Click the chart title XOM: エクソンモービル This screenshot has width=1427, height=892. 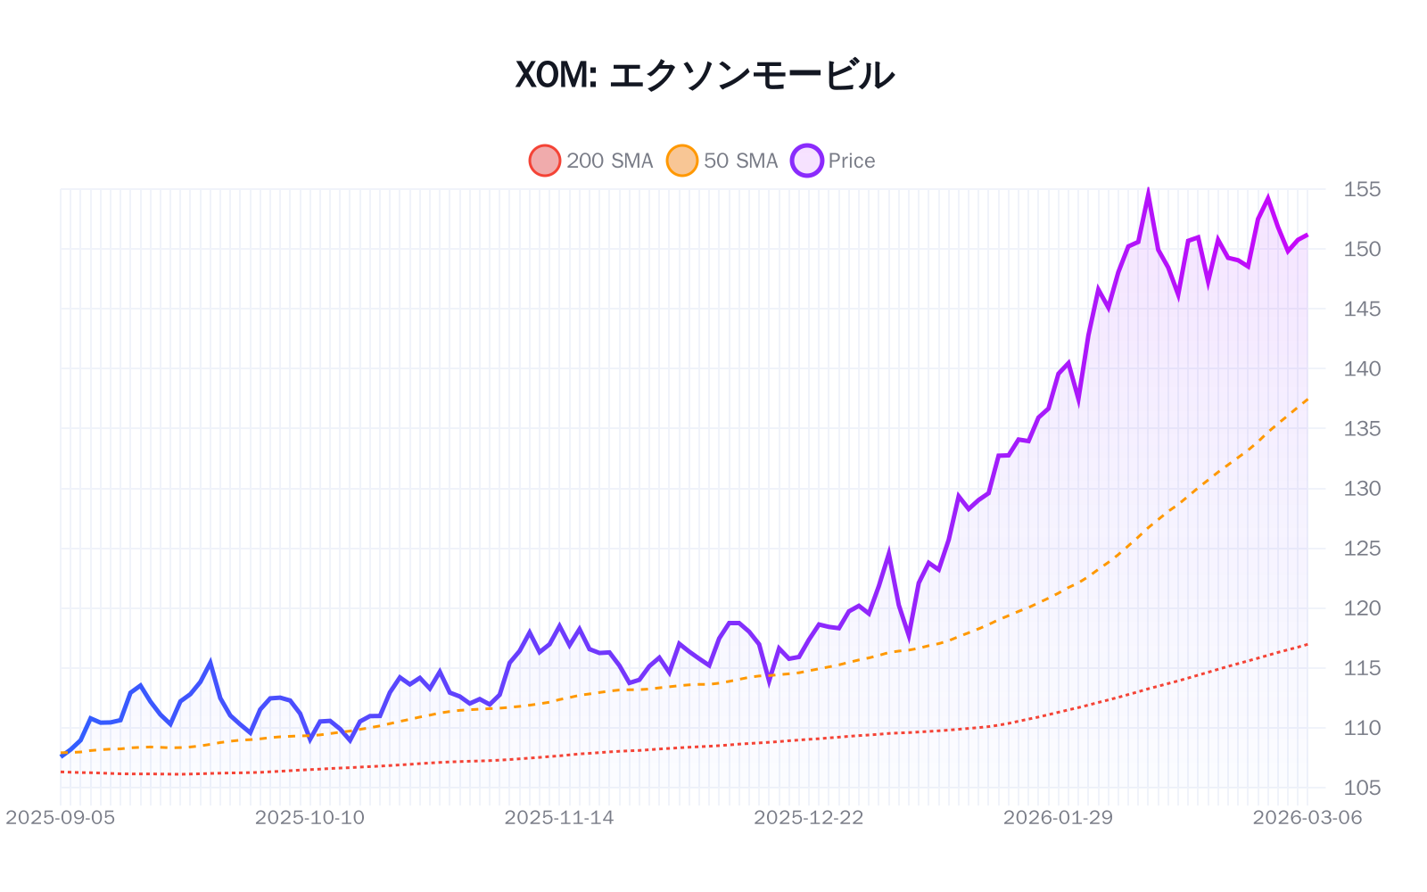[x=705, y=75]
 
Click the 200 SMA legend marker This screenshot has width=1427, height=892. [x=545, y=161]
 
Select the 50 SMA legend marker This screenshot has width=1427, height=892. [x=682, y=161]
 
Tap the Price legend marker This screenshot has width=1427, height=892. [x=807, y=161]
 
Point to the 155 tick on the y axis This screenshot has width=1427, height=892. [x=1362, y=189]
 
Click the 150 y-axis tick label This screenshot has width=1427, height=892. [x=1362, y=249]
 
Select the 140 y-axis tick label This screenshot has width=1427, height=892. [x=1362, y=368]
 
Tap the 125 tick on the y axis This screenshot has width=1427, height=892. [x=1362, y=549]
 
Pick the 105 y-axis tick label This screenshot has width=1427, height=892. [x=1362, y=788]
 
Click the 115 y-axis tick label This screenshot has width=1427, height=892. [x=1362, y=668]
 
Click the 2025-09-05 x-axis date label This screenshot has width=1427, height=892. [x=61, y=818]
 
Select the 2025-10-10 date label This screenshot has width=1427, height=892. [x=309, y=818]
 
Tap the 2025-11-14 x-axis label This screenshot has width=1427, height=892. [x=559, y=818]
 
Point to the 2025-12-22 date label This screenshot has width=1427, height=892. [x=809, y=818]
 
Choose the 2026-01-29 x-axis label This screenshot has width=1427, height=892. [x=1058, y=818]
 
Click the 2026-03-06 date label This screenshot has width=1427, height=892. [x=1307, y=818]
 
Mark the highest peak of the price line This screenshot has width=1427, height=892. [x=1148, y=190]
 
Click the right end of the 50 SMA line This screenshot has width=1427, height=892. [x=1307, y=399]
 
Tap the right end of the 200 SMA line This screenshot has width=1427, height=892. [x=1307, y=644]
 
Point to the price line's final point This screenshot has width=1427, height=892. [x=1307, y=235]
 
